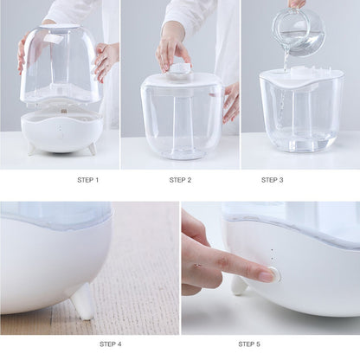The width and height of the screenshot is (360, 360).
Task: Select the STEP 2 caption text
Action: (180, 180)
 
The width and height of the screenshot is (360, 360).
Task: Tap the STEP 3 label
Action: (272, 180)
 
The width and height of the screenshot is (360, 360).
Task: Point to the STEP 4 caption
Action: (110, 344)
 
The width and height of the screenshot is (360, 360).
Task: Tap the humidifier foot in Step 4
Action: (83, 302)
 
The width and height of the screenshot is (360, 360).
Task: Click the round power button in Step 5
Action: (274, 274)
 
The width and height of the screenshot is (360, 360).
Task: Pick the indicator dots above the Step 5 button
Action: (272, 256)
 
